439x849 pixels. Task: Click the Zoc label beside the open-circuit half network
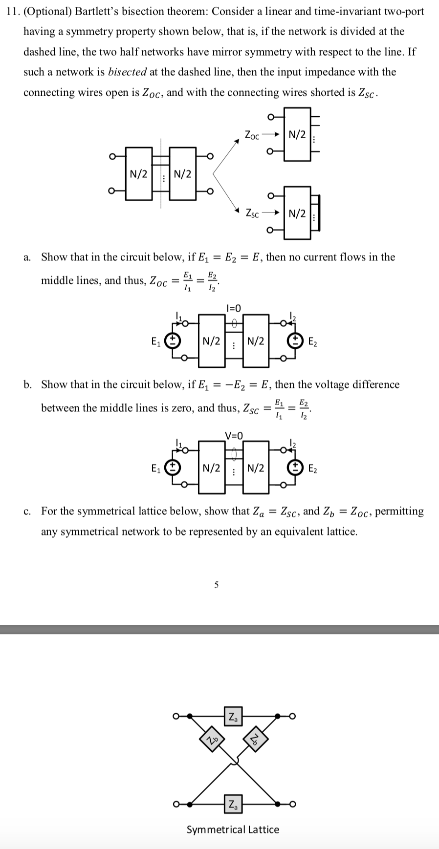click(x=252, y=134)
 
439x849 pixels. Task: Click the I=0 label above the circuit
click(x=234, y=308)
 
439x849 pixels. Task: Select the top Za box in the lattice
click(x=233, y=718)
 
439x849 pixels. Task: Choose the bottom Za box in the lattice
click(x=233, y=804)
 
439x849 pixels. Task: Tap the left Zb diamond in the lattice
click(x=210, y=741)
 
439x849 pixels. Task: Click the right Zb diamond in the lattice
click(x=256, y=741)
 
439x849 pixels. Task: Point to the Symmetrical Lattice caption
click(x=233, y=829)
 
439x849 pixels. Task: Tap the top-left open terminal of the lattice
click(x=175, y=717)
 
